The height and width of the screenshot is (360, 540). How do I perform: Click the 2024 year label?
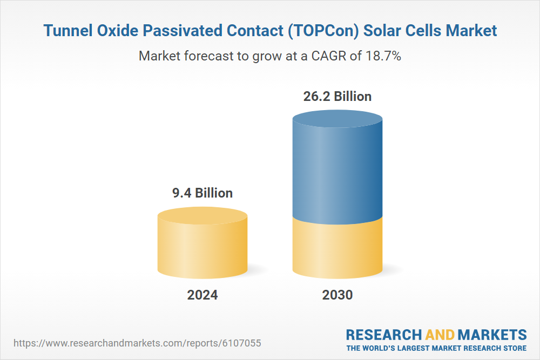(x=202, y=295)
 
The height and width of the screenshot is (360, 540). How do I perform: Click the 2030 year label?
(x=337, y=295)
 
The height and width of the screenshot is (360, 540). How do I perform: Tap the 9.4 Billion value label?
(x=202, y=193)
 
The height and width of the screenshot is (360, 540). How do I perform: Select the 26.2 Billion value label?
(x=337, y=97)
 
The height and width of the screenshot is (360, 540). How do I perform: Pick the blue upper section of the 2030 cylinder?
(x=337, y=167)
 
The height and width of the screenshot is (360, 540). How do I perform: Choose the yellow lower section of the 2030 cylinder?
(x=337, y=248)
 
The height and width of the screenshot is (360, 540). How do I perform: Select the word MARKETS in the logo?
(x=492, y=334)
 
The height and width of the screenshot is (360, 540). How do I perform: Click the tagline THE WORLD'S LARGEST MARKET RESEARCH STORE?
(x=436, y=348)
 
